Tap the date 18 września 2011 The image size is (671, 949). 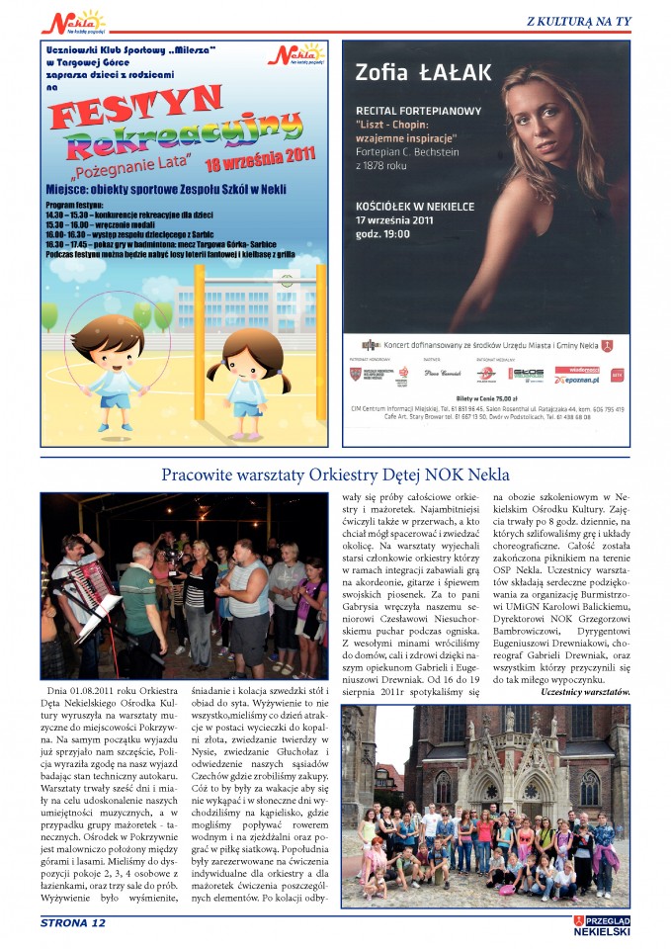coord(259,160)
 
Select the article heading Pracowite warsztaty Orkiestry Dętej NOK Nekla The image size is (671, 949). coord(335,474)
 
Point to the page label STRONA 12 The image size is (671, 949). coord(72,923)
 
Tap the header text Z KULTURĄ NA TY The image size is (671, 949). coord(578,21)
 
